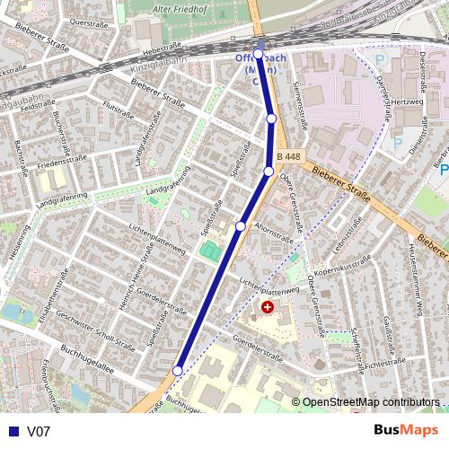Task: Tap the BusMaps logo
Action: [406, 430]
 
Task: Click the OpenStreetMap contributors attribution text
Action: [371, 401]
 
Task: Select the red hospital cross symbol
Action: [267, 308]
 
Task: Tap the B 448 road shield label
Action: [288, 157]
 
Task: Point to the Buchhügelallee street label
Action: [88, 360]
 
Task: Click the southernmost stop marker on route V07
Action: [178, 370]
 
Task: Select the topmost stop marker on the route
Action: [259, 54]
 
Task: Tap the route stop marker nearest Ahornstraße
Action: [241, 226]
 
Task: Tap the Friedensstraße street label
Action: [60, 164]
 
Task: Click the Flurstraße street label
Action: [119, 110]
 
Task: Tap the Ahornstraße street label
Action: [275, 228]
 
